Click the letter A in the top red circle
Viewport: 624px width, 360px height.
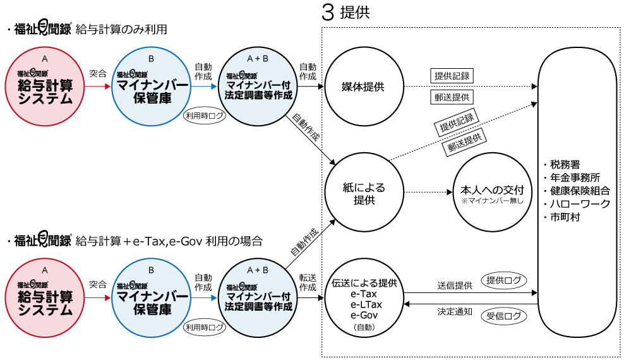(x=45, y=59)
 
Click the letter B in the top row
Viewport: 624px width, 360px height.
(x=152, y=59)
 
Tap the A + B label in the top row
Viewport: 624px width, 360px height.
(x=258, y=59)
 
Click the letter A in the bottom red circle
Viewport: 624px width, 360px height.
(x=45, y=270)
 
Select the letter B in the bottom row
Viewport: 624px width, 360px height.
(x=152, y=270)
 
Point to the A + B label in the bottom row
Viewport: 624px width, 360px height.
(x=258, y=270)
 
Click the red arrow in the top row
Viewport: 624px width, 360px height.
(x=98, y=87)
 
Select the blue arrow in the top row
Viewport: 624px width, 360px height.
(x=205, y=87)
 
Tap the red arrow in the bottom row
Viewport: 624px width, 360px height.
(x=98, y=297)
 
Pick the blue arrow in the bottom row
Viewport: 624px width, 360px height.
(x=205, y=297)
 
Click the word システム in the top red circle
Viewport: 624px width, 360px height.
(x=45, y=100)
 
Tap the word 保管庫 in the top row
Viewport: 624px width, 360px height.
(x=152, y=99)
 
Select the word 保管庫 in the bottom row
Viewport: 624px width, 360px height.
(x=152, y=311)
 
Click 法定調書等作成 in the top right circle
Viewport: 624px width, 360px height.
(x=258, y=95)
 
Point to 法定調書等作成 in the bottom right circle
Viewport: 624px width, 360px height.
(x=258, y=307)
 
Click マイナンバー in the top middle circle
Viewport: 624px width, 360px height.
(x=152, y=86)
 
